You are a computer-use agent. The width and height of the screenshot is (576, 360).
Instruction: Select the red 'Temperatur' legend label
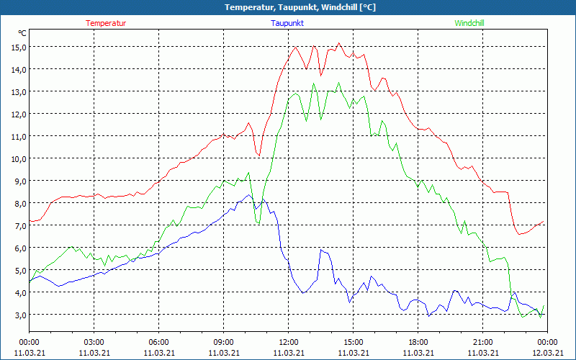pyautogui.click(x=106, y=23)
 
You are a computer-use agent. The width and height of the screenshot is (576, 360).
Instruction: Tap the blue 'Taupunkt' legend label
pyautogui.click(x=287, y=23)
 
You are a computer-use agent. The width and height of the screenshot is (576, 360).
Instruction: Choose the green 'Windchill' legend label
pyautogui.click(x=469, y=23)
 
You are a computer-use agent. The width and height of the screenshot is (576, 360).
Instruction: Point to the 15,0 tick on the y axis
pyautogui.click(x=18, y=47)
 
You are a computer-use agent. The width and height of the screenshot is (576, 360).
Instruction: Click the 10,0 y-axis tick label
pyautogui.click(x=18, y=158)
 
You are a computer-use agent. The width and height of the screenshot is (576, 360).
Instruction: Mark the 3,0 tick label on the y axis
pyautogui.click(x=18, y=315)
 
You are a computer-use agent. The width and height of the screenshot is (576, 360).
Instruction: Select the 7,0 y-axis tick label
pyautogui.click(x=18, y=225)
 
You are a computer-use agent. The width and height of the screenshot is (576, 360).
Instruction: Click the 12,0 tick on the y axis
pyautogui.click(x=18, y=114)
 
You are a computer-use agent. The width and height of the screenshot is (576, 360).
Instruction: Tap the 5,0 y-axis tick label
pyautogui.click(x=18, y=270)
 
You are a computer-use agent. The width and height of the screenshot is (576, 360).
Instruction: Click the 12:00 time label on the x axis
pyautogui.click(x=288, y=342)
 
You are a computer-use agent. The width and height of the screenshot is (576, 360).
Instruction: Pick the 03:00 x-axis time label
pyautogui.click(x=94, y=342)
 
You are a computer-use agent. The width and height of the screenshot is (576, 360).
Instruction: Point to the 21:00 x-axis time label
pyautogui.click(x=482, y=342)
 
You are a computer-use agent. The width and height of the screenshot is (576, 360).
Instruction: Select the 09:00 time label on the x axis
pyautogui.click(x=223, y=342)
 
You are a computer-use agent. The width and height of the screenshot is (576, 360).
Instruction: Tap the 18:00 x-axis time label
pyautogui.click(x=418, y=342)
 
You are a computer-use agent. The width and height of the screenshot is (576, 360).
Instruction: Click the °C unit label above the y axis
pyautogui.click(x=22, y=33)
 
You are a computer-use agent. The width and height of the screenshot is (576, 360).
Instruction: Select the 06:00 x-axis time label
pyautogui.click(x=158, y=342)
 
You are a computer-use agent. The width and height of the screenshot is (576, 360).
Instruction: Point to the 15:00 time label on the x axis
pyautogui.click(x=353, y=342)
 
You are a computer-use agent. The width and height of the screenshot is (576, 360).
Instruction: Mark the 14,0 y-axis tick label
pyautogui.click(x=18, y=69)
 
